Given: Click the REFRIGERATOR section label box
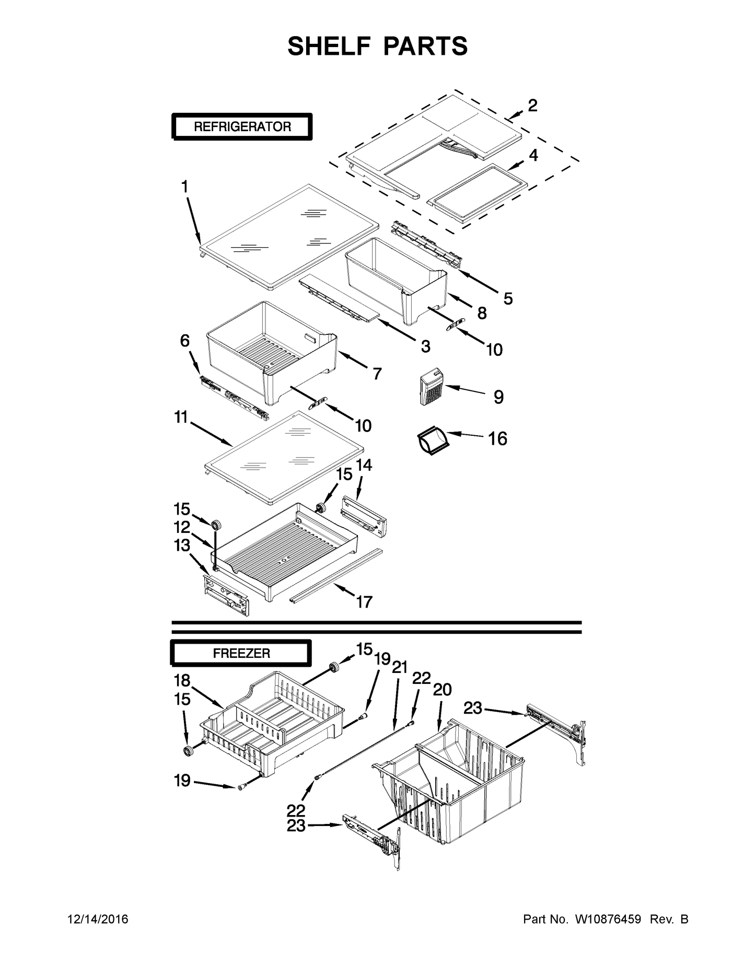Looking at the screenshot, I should tap(242, 126).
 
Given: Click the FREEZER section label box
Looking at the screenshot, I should tap(241, 653).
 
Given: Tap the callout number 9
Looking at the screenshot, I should tap(498, 397).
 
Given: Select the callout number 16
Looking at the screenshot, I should tap(497, 439).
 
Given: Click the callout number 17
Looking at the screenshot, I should tap(364, 602).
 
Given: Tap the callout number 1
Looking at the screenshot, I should tap(184, 187).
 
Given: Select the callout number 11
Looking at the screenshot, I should tap(181, 418).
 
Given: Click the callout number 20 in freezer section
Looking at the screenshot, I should tap(442, 690).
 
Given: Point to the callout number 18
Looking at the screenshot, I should tap(182, 681).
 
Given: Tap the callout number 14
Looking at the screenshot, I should tap(364, 464).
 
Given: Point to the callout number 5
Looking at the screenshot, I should tap(508, 299).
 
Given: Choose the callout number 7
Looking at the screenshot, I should tap(377, 374).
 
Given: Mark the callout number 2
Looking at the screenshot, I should tap(532, 106).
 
